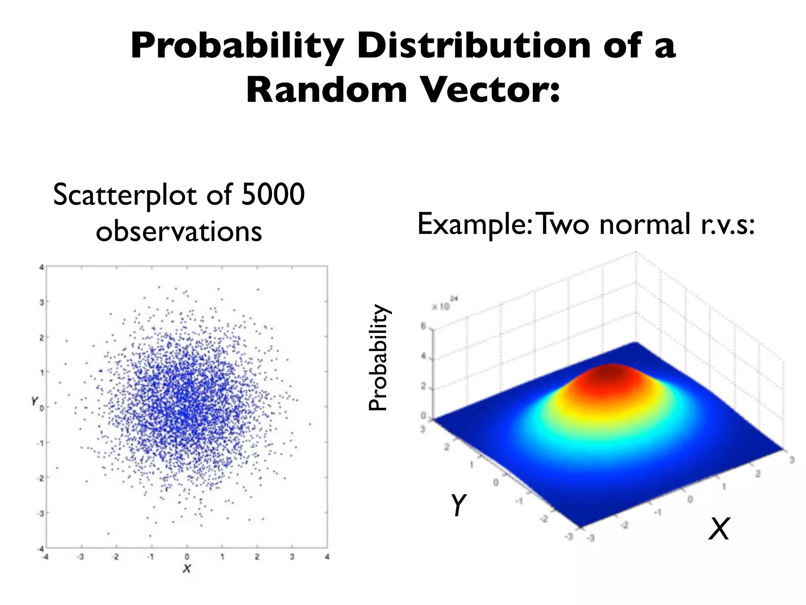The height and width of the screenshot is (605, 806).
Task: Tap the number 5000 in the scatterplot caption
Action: point(273,194)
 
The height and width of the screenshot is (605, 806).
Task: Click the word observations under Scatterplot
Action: point(179,231)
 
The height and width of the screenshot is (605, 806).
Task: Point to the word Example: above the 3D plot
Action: point(475,224)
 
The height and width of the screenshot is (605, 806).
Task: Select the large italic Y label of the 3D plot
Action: point(458,505)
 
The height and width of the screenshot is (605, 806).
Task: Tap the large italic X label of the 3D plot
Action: point(719,529)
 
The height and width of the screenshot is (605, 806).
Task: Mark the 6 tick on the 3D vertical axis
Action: point(423,326)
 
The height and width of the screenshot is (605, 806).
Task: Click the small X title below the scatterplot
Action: point(187,568)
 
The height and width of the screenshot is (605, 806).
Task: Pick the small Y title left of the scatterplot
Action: point(35,401)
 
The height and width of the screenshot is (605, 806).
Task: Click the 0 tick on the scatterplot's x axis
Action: point(187,557)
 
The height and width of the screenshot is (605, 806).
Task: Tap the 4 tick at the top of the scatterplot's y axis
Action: point(41,267)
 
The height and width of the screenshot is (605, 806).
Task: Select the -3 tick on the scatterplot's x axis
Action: point(81,557)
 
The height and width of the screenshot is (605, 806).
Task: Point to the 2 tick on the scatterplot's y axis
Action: point(41,337)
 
